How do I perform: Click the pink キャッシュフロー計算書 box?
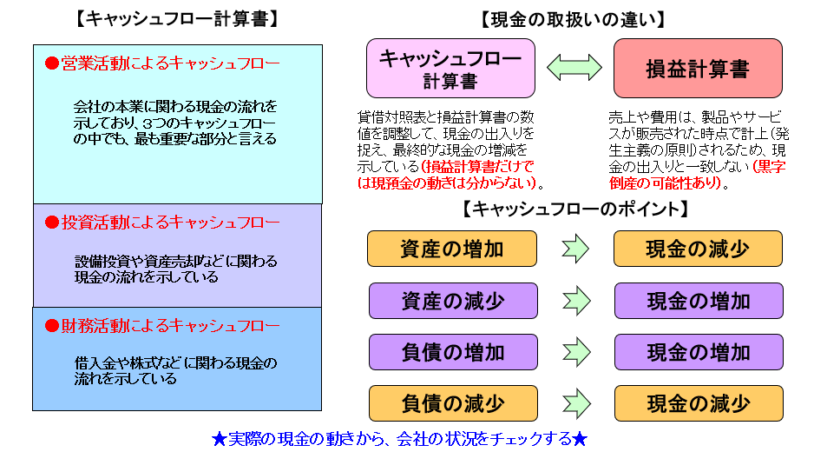[450, 69]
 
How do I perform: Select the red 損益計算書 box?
[697, 69]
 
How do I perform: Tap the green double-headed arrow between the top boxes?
[574, 67]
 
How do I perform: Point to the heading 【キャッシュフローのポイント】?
[575, 209]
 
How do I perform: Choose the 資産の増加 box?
[451, 249]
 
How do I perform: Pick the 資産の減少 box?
[451, 301]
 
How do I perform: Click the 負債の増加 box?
[451, 352]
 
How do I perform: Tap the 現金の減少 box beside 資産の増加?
[698, 249]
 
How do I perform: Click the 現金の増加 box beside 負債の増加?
[698, 352]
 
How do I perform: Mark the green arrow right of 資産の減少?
[575, 301]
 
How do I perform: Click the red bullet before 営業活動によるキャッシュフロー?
[51, 63]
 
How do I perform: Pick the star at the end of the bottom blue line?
[581, 437]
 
